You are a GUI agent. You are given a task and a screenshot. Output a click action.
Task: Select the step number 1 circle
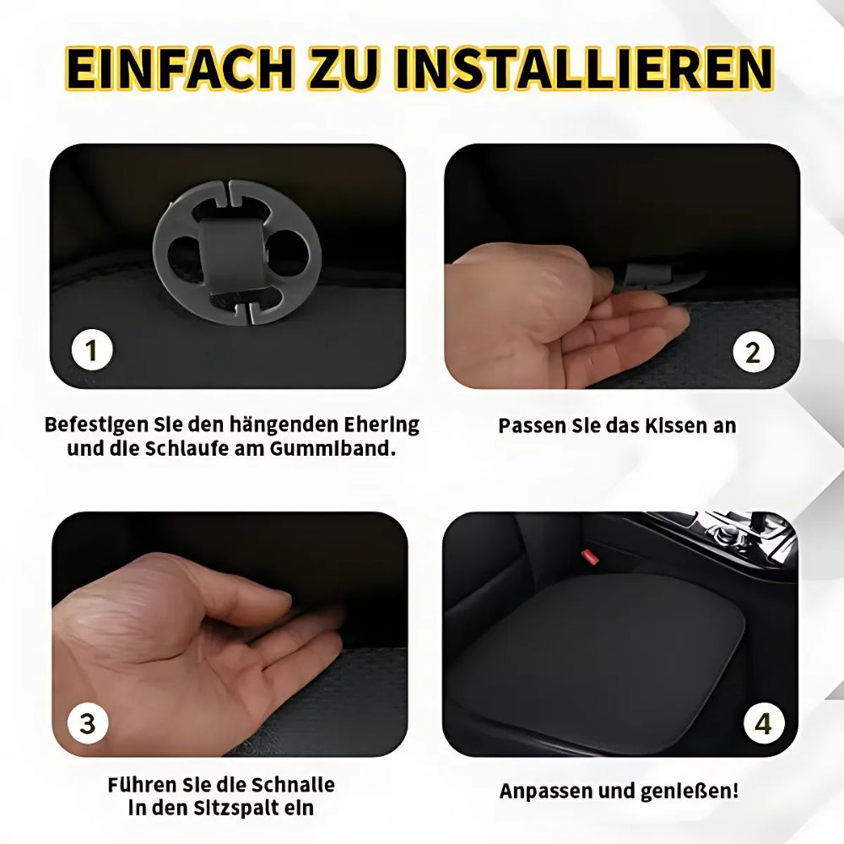[90, 350]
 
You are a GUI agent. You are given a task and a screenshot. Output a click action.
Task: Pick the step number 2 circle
[753, 351]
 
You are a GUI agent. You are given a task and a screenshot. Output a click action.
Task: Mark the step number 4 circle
[763, 723]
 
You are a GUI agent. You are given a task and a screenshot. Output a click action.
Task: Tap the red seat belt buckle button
[588, 557]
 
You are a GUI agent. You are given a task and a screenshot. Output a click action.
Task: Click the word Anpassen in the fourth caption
[545, 792]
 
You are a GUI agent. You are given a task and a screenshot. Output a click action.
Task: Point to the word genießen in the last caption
[695, 792]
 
